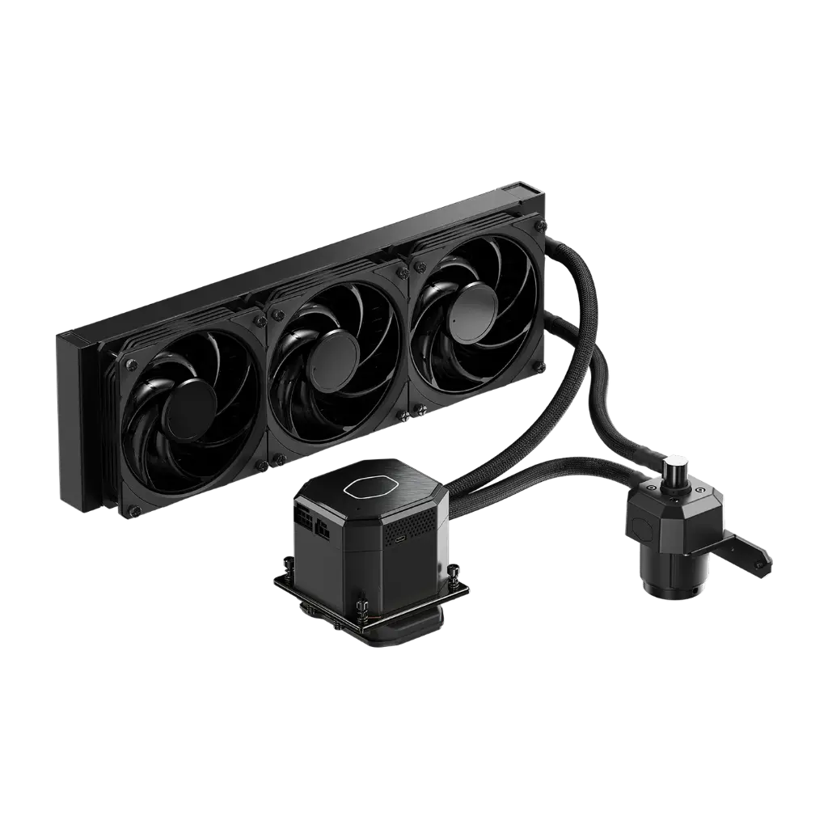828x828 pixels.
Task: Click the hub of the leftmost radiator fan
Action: [189, 408]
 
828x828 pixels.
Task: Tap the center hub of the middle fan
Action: [333, 353]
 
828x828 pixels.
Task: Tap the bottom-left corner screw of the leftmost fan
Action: [133, 510]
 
